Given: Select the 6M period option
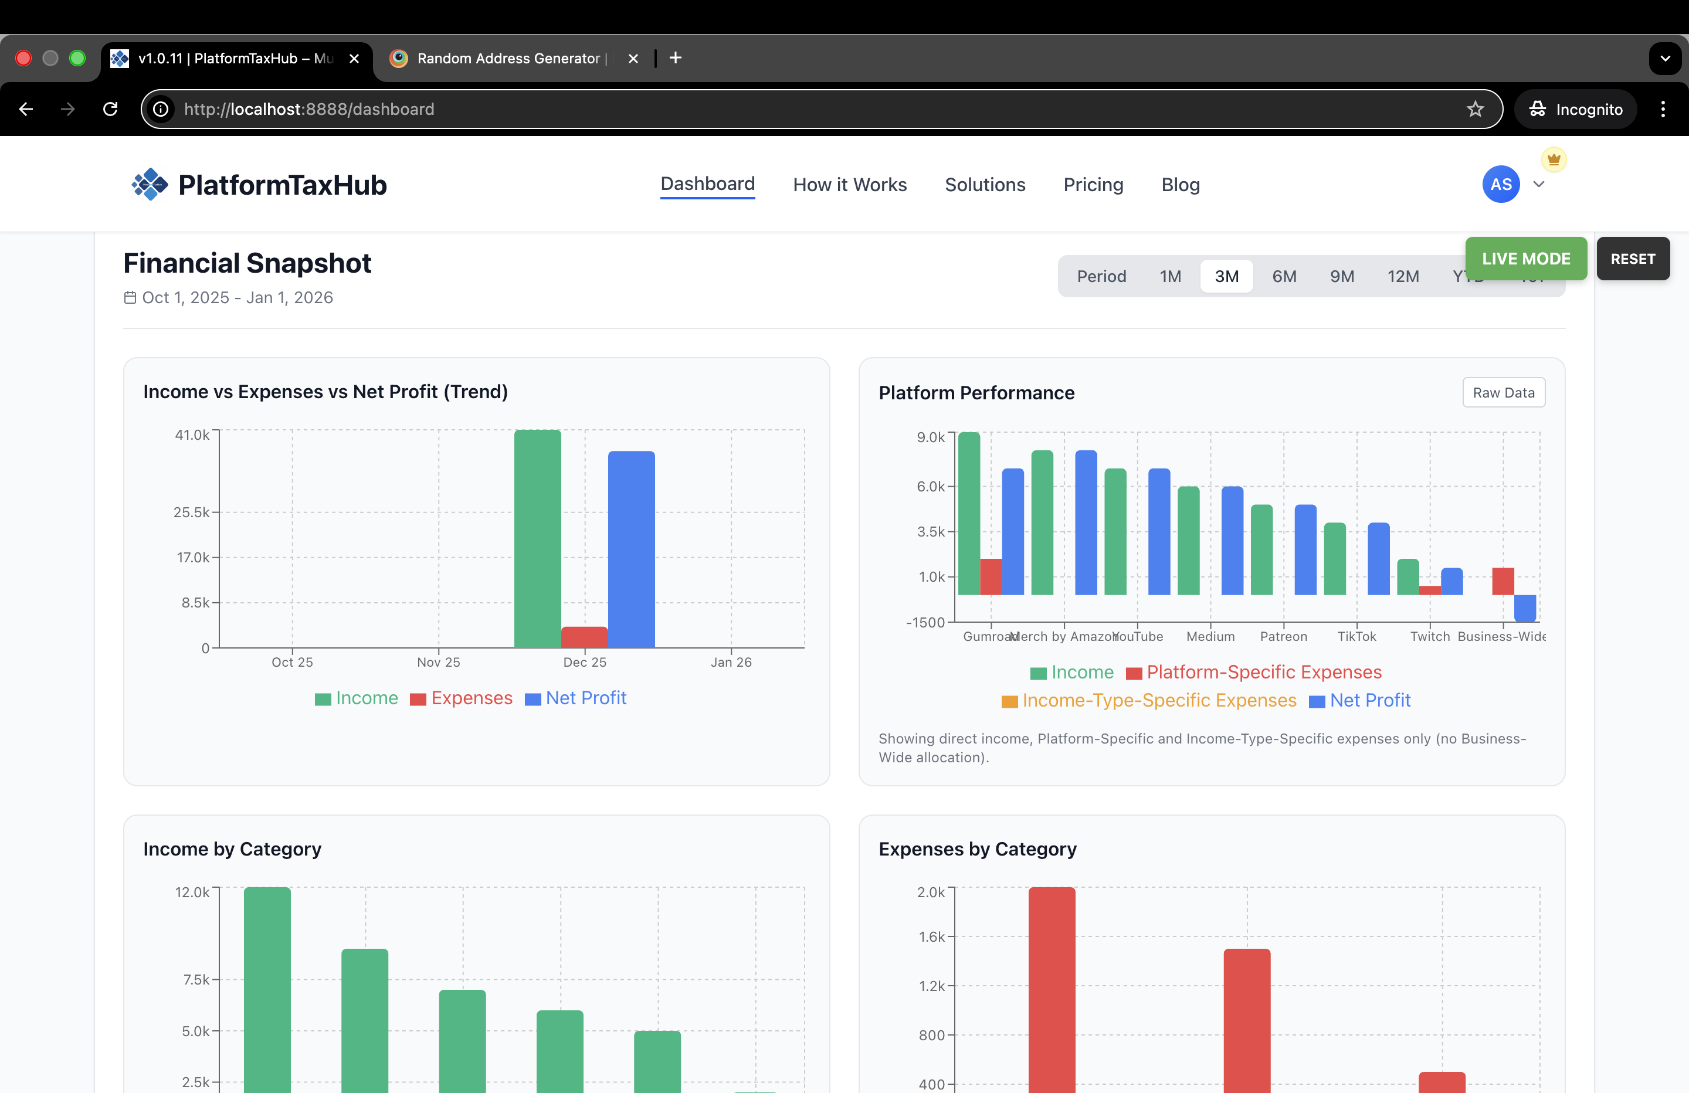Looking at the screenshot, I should click(1284, 276).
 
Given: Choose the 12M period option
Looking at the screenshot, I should click(1402, 276).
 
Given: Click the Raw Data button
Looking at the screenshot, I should click(1503, 392).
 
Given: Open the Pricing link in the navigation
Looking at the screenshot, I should click(1093, 185).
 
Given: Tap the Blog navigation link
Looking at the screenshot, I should click(1180, 185).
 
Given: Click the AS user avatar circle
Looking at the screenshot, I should click(1500, 185).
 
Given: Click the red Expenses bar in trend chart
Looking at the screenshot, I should click(584, 637).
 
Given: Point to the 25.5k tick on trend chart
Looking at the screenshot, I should click(192, 512).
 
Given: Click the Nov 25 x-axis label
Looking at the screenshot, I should click(438, 662).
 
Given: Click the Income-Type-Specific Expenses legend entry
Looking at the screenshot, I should click(1149, 701).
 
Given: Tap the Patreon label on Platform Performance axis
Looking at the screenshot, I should click(1283, 637).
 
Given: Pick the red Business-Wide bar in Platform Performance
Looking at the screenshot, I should click(1503, 581).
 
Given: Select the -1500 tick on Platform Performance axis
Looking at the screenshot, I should click(925, 623).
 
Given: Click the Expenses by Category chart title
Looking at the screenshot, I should click(977, 849).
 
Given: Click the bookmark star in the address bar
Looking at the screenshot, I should click(1475, 109).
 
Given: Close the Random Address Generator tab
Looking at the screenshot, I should click(633, 58).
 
